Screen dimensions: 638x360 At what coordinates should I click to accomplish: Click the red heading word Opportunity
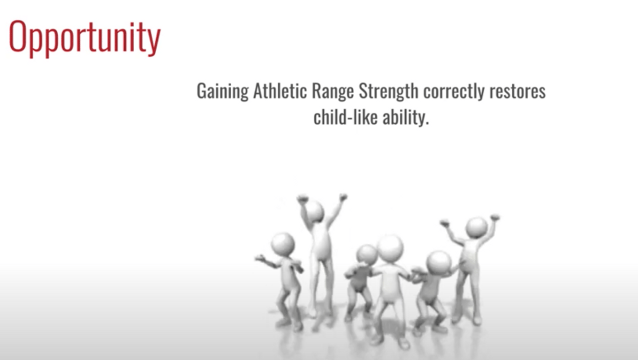click(85, 39)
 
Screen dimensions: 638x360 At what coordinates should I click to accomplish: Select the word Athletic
click(280, 91)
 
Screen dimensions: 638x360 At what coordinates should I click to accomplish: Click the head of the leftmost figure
click(282, 244)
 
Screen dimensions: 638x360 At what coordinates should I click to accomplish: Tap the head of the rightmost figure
click(477, 227)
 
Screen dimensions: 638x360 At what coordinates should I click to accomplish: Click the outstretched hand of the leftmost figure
click(260, 258)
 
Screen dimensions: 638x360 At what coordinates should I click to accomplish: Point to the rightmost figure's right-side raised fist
click(495, 217)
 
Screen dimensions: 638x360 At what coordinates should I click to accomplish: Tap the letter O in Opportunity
click(18, 36)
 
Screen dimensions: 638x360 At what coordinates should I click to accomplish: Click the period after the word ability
click(427, 123)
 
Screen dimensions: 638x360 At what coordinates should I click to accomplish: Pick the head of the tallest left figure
click(315, 211)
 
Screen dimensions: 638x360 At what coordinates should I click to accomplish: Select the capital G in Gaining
click(202, 91)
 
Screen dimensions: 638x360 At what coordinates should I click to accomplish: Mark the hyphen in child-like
click(350, 119)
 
